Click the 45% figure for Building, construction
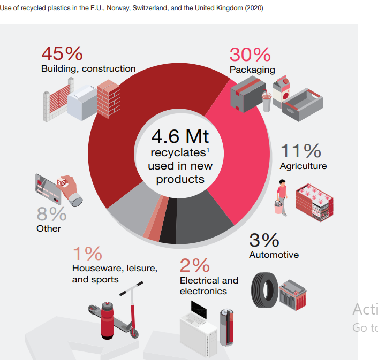coord(62,53)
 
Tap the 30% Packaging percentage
coord(250,55)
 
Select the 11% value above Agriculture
coord(301,151)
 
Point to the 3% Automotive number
coord(264,240)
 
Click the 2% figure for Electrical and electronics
coord(194,265)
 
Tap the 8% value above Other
coord(51,214)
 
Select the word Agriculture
coord(303,166)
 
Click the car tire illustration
coord(264,290)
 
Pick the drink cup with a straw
coord(266,99)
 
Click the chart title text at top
coord(132,9)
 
